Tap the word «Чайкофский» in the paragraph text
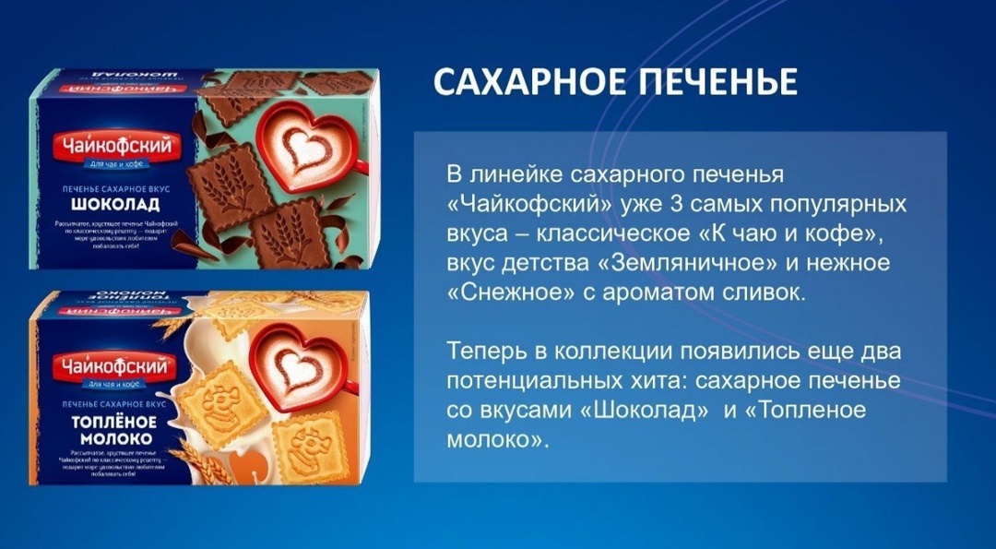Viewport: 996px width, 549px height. click(526, 203)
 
